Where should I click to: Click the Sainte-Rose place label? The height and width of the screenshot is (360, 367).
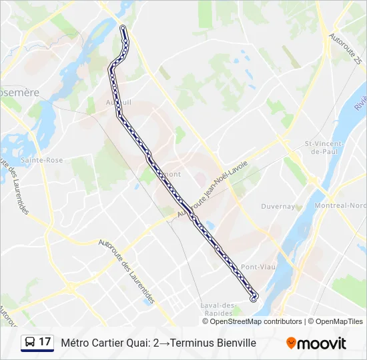pyautogui.click(x=41, y=160)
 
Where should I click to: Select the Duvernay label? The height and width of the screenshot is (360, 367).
pyautogui.click(x=278, y=207)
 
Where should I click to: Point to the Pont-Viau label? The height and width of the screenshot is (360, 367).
pyautogui.click(x=255, y=267)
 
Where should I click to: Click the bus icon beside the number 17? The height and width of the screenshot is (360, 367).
pyautogui.click(x=30, y=343)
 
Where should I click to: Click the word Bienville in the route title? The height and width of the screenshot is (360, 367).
pyautogui.click(x=234, y=343)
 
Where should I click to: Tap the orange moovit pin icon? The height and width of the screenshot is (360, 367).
pyautogui.click(x=291, y=343)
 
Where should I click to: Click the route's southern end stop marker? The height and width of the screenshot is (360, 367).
pyautogui.click(x=254, y=299)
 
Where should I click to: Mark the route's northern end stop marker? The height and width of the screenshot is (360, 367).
pyautogui.click(x=123, y=28)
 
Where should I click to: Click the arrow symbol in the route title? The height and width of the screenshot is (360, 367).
pyautogui.click(x=163, y=343)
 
